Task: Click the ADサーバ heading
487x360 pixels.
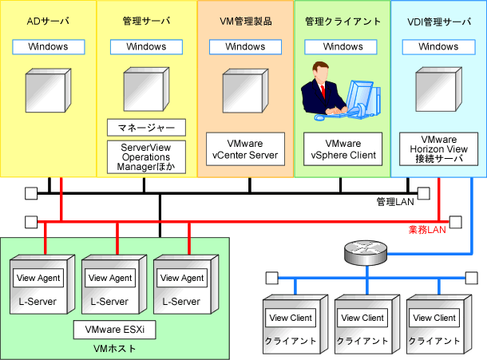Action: (x=48, y=21)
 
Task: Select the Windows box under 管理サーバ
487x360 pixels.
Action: (x=146, y=47)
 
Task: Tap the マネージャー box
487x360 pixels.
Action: (x=146, y=128)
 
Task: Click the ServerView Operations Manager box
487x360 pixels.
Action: (x=146, y=157)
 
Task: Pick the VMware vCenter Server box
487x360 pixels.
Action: (x=245, y=149)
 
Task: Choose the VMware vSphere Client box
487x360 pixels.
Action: (x=342, y=149)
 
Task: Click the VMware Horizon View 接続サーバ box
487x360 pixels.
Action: (x=438, y=149)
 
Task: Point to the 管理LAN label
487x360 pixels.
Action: (x=395, y=202)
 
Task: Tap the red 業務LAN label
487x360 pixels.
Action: (x=427, y=230)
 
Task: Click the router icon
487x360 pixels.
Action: (x=366, y=252)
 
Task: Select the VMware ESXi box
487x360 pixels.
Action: (x=115, y=330)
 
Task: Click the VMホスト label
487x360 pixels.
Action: (x=115, y=349)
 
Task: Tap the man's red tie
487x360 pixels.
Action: (x=323, y=91)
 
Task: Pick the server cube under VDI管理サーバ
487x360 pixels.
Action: (x=438, y=89)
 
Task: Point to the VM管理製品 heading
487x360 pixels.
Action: (x=246, y=21)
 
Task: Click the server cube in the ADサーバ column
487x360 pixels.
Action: (x=48, y=90)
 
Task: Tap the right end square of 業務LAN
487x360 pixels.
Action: (x=456, y=222)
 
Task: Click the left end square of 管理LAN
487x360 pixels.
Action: (x=31, y=193)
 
